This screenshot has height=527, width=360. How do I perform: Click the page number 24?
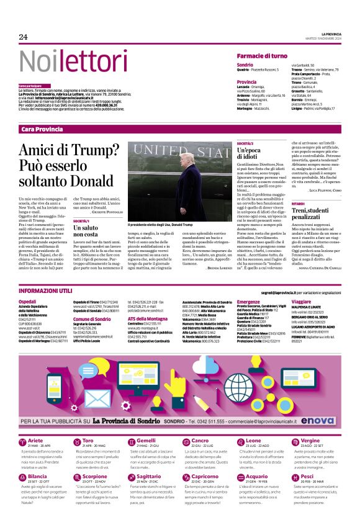pyautogui.click(x=23, y=37)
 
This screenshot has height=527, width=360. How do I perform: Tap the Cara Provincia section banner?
pyautogui.click(x=42, y=128)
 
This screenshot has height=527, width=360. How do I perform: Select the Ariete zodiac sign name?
pyautogui.click(x=35, y=441)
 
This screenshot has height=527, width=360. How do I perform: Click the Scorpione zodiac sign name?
pyautogui.click(x=95, y=476)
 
